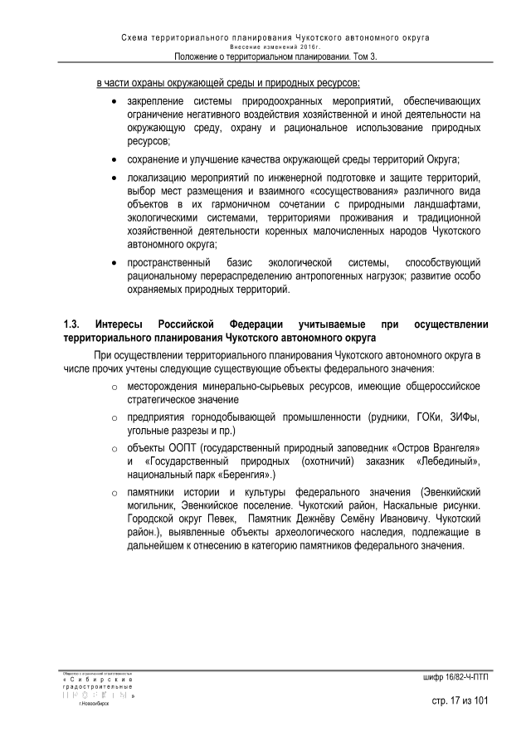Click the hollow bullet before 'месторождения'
coord(113,387)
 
